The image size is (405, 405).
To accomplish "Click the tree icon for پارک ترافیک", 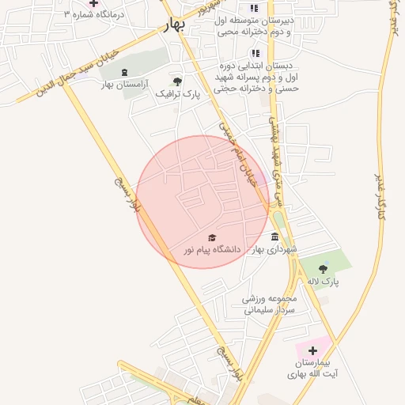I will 176,81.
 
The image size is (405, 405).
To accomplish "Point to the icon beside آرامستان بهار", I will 124,72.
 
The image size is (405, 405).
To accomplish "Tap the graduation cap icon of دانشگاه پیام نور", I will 211,237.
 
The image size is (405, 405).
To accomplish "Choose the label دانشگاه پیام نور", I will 211,249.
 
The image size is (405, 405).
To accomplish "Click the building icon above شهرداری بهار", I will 274,237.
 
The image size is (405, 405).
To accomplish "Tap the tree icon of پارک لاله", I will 322,270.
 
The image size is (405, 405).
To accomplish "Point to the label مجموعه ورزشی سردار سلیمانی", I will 268,305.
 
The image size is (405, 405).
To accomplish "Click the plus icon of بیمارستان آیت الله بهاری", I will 312,350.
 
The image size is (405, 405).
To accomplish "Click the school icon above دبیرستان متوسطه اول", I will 254,8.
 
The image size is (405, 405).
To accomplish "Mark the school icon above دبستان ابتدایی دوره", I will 255,53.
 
